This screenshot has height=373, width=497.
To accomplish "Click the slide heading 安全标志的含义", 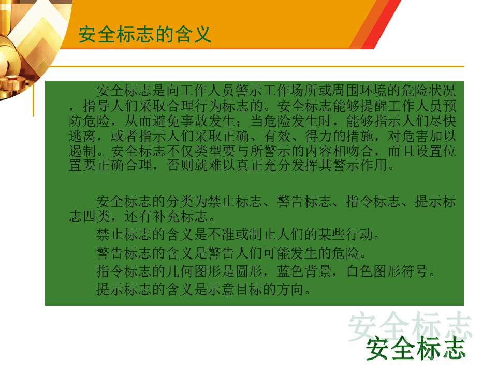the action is [x=145, y=34].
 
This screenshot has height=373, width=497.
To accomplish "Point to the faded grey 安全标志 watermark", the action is [x=410, y=325].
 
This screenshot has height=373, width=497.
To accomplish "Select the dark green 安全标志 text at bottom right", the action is [x=415, y=348].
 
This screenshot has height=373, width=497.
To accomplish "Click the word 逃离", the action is [x=82, y=136].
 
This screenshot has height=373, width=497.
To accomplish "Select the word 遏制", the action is [x=82, y=151].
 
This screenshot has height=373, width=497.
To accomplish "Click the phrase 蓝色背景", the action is [x=304, y=271].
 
